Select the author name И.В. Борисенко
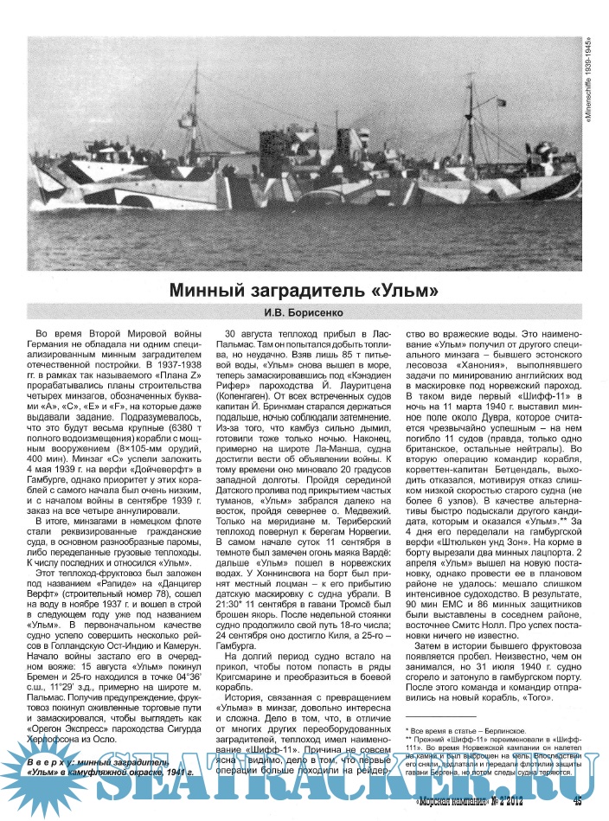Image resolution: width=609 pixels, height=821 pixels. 304,312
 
